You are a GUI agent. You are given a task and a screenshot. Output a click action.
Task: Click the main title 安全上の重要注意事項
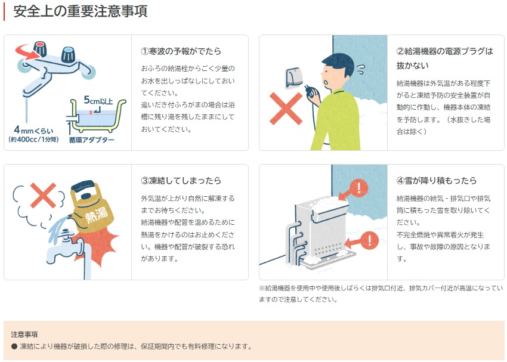[80, 11]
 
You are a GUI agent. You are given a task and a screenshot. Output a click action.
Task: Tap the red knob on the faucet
[40, 48]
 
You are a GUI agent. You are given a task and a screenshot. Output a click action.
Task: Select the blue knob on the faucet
[69, 54]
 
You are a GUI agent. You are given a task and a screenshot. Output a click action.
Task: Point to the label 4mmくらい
[33, 130]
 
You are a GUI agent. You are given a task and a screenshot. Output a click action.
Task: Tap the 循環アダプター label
[91, 140]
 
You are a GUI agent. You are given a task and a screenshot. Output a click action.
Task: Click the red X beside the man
[286, 109]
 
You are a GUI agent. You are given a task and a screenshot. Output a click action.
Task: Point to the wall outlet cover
[294, 78]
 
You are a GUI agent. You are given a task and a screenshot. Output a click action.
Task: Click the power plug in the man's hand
[310, 91]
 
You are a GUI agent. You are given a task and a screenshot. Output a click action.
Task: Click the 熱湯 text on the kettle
[97, 214]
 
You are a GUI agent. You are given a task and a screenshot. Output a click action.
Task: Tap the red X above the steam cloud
[43, 195]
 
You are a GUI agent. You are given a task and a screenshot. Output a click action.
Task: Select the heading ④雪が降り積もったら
[437, 180]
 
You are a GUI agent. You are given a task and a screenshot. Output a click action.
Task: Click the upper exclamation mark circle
[358, 188]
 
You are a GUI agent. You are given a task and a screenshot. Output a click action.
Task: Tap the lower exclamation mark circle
[369, 240]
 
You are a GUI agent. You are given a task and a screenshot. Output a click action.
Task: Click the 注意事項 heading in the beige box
[24, 334]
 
